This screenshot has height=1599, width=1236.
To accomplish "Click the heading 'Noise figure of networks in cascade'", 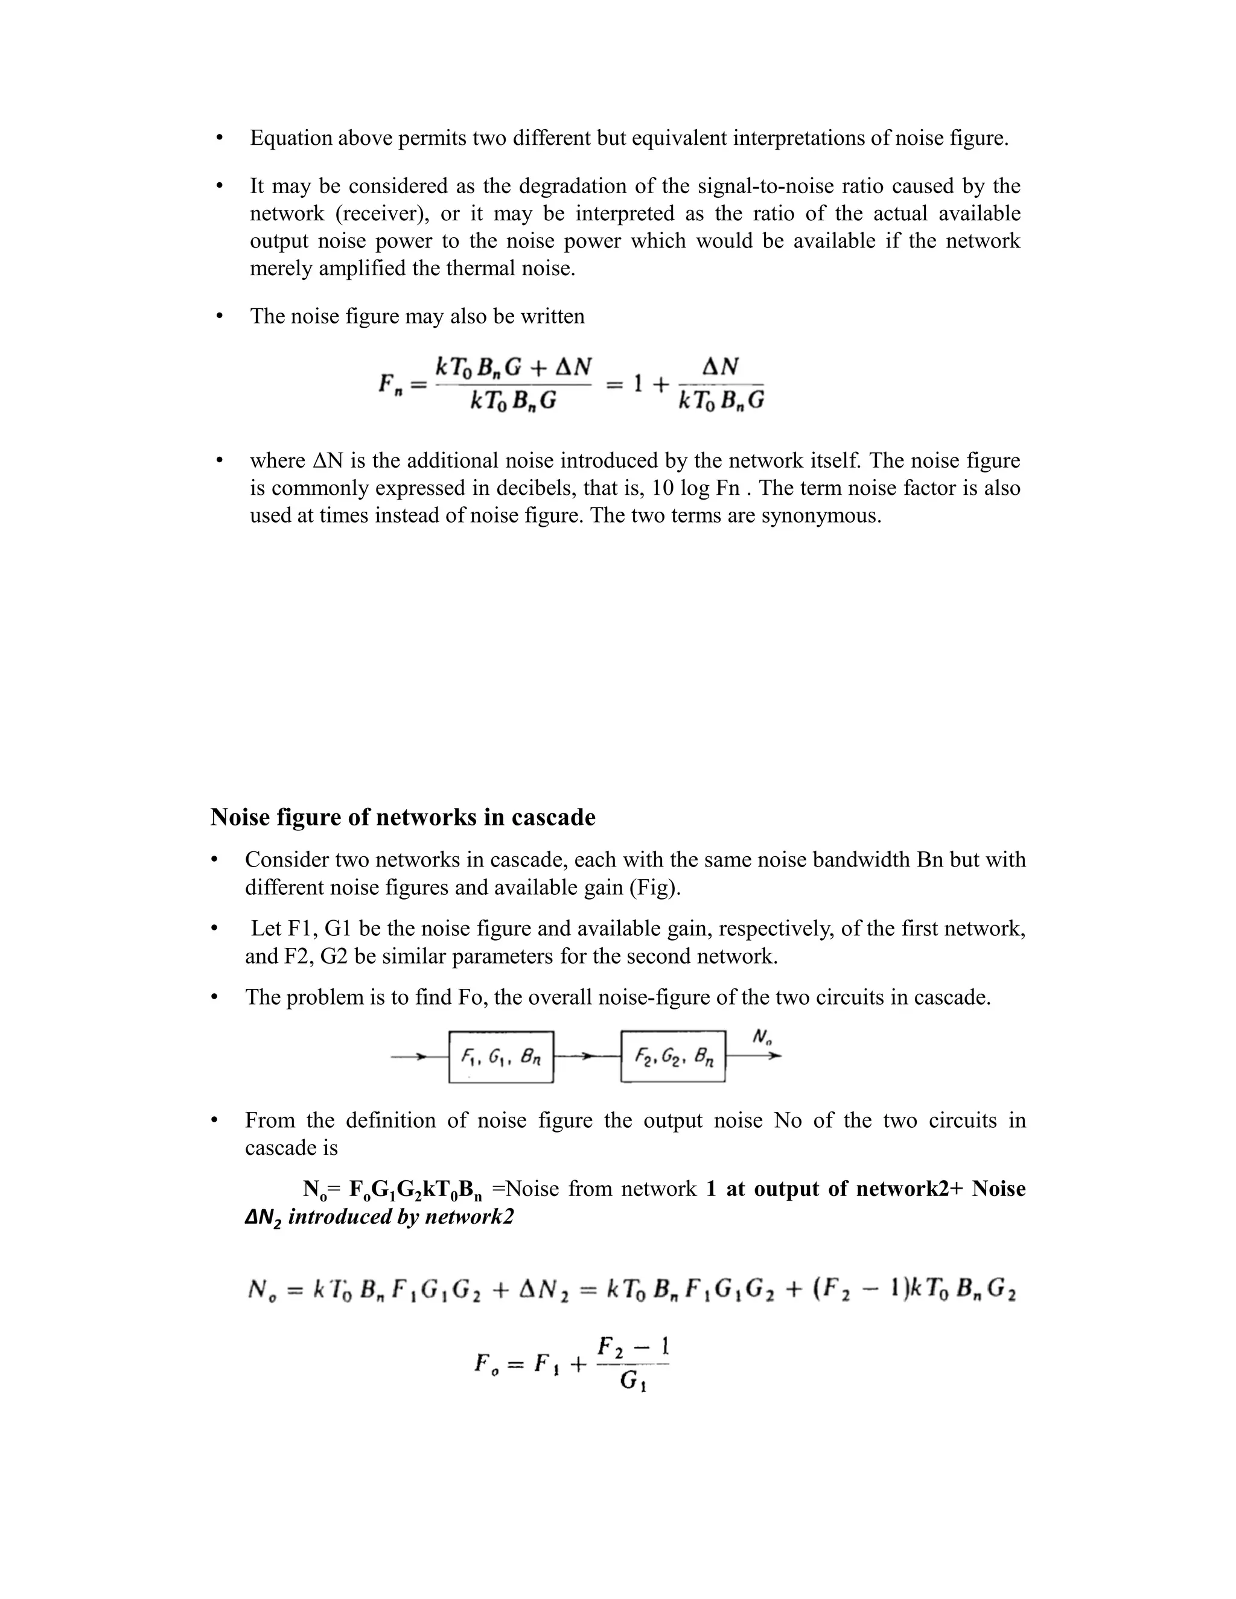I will click(x=403, y=817).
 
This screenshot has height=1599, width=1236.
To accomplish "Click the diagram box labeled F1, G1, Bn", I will click(x=501, y=1057).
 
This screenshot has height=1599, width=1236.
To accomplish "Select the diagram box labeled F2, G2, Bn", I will click(x=673, y=1057).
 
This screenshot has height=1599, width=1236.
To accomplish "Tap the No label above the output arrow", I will click(x=762, y=1037).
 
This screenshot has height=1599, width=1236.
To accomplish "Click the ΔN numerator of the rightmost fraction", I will click(x=720, y=367).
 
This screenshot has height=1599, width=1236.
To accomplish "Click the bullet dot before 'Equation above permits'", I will click(x=219, y=138).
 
